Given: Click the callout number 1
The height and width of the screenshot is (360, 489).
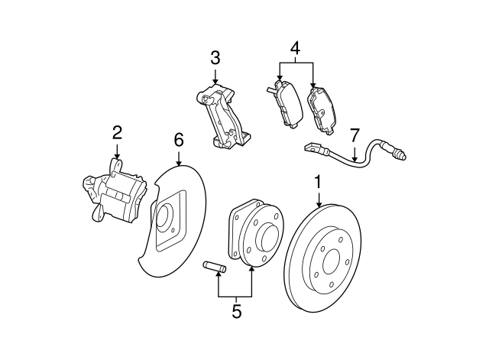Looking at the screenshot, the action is tap(318, 182).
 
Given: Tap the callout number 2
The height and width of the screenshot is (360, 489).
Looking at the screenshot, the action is tap(117, 133).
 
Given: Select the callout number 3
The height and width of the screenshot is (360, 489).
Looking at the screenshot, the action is tap(215, 58).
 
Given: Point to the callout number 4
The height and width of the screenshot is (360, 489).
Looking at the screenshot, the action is tap(295, 48).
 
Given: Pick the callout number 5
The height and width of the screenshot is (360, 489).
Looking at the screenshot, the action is tap(237, 311).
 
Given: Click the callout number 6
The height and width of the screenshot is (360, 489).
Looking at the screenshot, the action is tap(179, 140).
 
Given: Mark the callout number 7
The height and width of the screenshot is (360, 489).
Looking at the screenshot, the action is tap(355, 135).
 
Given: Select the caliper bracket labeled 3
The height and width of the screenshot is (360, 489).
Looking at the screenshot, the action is tap(223, 115).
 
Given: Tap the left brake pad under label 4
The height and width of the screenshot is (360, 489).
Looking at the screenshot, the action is tap(285, 104).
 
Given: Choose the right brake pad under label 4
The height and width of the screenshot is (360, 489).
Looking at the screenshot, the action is tap(322, 112).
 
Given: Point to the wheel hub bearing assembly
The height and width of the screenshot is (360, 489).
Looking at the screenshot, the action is tap(256, 232).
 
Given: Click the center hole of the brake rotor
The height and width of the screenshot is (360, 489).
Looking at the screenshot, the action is tap(331, 261).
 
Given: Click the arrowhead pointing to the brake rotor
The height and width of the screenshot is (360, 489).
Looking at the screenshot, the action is tap(319, 204).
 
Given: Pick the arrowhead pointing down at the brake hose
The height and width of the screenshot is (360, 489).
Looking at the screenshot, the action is tap(355, 159).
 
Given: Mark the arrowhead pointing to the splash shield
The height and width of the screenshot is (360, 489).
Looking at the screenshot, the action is tap(179, 163).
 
